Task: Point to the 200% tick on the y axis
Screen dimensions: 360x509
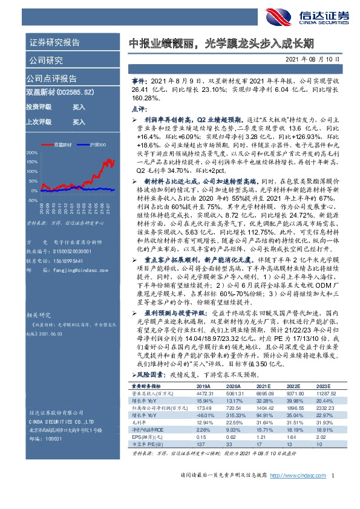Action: [32, 154]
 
